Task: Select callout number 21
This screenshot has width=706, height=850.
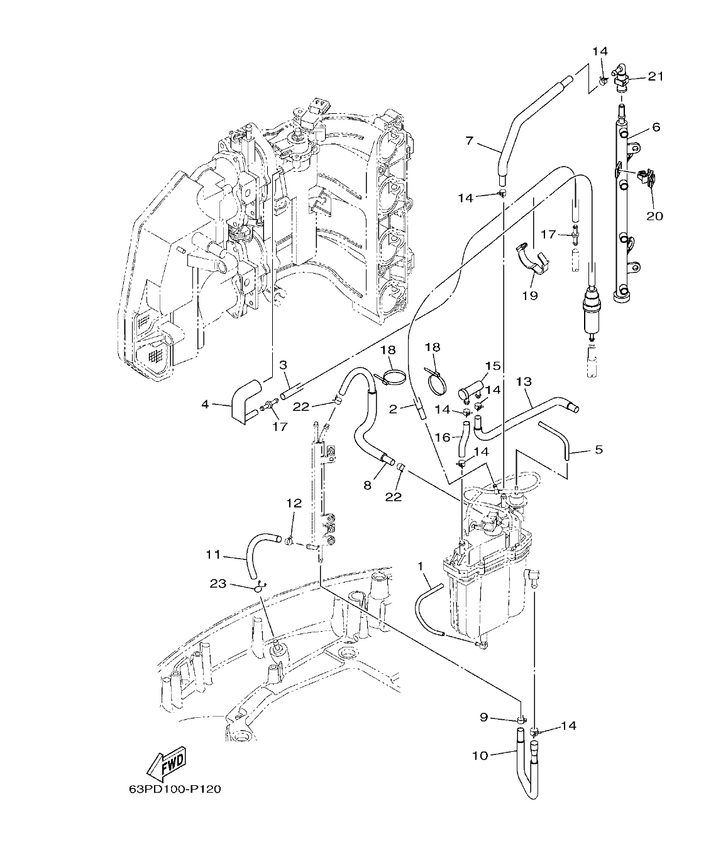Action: (x=656, y=77)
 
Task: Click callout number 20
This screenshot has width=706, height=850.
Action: (x=654, y=216)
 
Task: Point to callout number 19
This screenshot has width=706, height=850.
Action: (x=530, y=294)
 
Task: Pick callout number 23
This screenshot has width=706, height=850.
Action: (x=218, y=584)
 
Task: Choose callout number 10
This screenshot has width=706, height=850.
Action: (x=480, y=755)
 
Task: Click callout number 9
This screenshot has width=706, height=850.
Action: (x=483, y=717)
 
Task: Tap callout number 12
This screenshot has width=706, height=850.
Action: (x=294, y=503)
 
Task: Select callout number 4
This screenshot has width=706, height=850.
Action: (x=205, y=405)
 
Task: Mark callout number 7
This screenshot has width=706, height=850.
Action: (x=469, y=141)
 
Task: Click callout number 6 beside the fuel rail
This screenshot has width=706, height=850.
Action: (x=656, y=127)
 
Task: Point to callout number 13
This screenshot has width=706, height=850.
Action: (x=524, y=382)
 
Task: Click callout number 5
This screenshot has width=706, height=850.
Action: (x=598, y=449)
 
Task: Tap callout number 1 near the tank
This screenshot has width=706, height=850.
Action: (x=420, y=566)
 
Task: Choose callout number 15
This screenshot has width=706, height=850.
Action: (x=492, y=366)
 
